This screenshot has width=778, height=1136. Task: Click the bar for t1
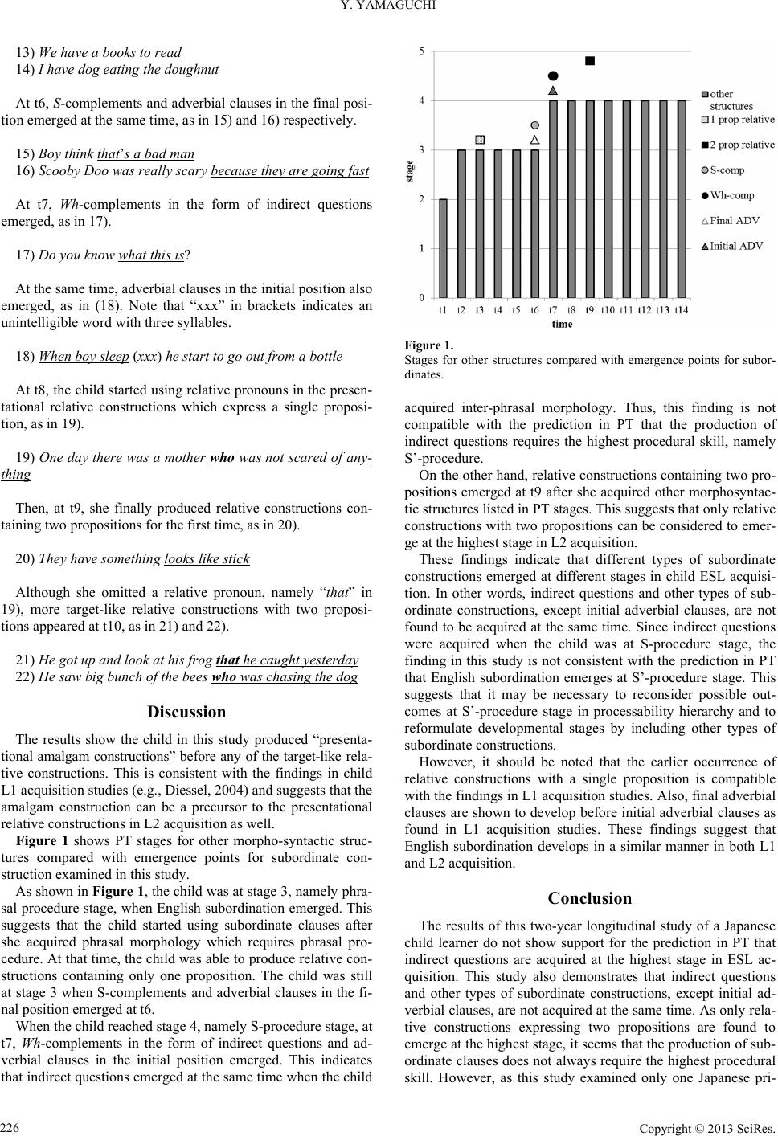point(443,248)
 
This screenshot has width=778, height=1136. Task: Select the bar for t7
point(553,199)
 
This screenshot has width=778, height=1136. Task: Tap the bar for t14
point(682,199)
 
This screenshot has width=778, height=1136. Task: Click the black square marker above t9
point(590,60)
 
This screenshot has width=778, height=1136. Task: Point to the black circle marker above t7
point(553,76)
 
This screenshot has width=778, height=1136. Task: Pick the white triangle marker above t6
point(534,139)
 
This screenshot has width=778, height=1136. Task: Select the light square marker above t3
point(480,139)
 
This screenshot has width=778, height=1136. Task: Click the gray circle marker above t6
point(534,125)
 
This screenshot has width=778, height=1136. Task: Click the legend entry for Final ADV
point(735,221)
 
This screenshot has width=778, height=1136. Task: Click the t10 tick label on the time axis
point(608,309)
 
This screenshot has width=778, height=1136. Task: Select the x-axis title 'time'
point(562,324)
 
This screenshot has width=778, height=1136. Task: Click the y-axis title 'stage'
point(410,173)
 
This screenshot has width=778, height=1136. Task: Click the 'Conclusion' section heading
point(589,898)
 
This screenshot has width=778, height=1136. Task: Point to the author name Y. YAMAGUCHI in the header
point(388,9)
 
